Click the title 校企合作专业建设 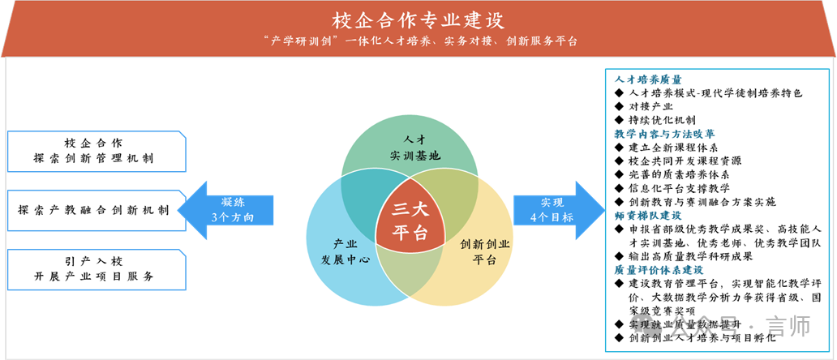tap(418, 19)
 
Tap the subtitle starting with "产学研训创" tap(418, 41)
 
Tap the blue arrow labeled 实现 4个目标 tap(560, 210)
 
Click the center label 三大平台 tap(410, 220)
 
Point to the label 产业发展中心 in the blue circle tap(346, 252)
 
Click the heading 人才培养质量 tap(648, 80)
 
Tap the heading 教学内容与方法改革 tap(664, 134)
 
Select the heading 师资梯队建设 tap(648, 216)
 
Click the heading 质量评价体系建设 tap(659, 269)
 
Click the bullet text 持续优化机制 tap(662, 120)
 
